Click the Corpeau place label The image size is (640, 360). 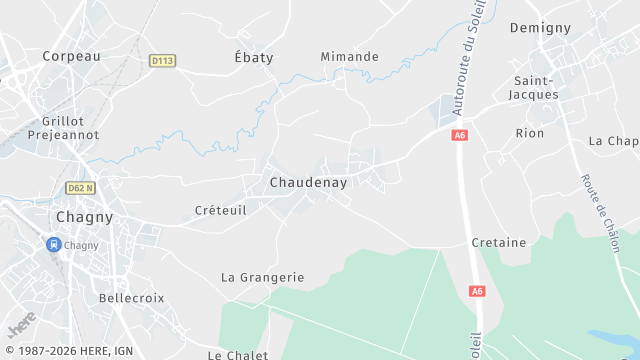72,57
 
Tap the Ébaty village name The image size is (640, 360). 253,57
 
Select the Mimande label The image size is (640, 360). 350,57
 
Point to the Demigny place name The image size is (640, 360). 540,27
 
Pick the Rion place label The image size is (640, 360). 530,133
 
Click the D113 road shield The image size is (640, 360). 162,61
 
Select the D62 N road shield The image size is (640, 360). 80,187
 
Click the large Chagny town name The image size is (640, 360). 84,216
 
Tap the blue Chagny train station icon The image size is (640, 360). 52,244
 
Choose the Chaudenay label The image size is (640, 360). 309,183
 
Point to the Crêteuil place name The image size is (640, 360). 220,211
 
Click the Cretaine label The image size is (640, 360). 499,243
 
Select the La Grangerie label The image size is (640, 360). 262,277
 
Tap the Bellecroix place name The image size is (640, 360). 131,298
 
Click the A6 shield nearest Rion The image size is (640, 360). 460,135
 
